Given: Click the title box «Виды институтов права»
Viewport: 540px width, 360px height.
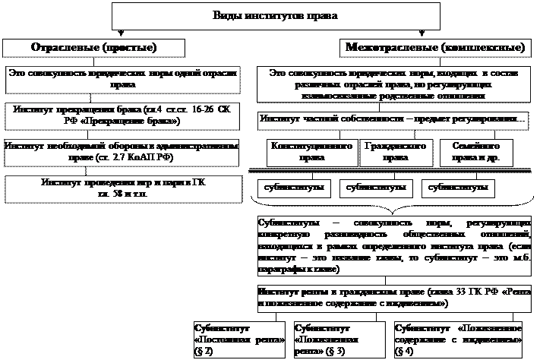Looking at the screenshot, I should click(x=276, y=15).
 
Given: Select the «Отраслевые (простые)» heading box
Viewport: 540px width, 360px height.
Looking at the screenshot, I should click(x=93, y=47).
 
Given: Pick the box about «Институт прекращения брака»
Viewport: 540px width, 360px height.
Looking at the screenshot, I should click(x=122, y=115).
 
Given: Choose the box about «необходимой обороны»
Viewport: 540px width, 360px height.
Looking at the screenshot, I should click(x=122, y=151).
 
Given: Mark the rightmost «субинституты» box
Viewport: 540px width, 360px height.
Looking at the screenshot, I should click(x=453, y=187).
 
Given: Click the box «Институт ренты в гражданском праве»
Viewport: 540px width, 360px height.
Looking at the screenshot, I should click(x=393, y=297).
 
